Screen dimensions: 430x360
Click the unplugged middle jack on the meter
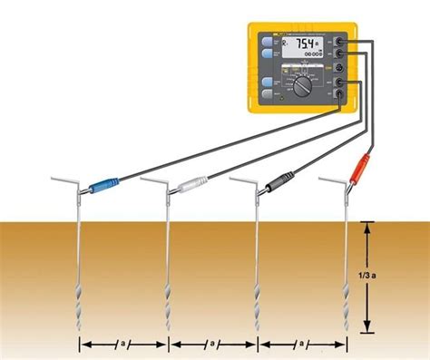point(338,68)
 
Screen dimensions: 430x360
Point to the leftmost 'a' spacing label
point(123,345)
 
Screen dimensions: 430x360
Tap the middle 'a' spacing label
point(212,345)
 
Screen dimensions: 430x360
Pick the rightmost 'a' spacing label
point(302,345)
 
